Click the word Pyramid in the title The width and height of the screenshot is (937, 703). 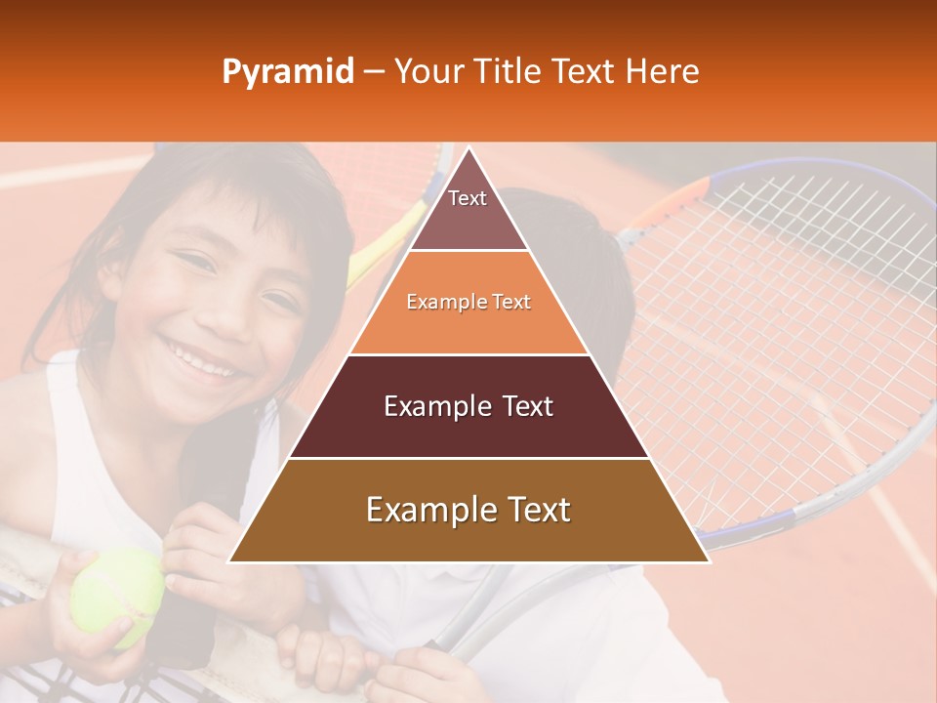(288, 72)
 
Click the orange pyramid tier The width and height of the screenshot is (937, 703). (468, 303)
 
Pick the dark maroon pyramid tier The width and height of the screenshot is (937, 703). (468, 406)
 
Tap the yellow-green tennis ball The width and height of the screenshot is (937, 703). (116, 596)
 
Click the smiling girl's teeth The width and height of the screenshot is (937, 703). (205, 358)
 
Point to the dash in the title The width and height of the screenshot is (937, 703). (372, 72)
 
